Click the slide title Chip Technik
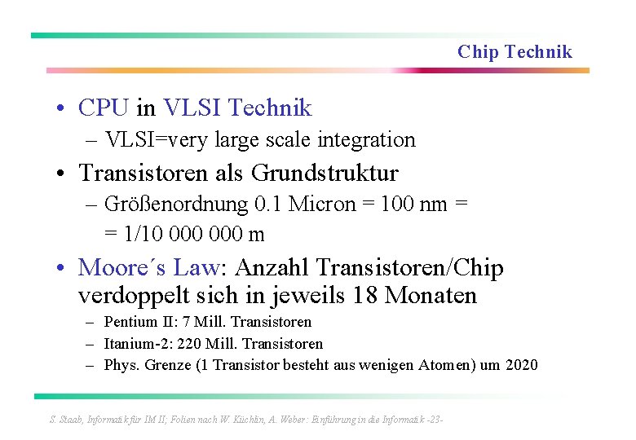coord(515,52)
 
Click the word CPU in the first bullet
coord(104,108)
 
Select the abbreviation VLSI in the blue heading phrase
coord(192,108)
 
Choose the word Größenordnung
coord(173,204)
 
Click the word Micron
coord(314,204)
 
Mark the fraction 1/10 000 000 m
coord(194,235)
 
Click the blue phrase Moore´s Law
coord(148,267)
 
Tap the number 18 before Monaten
coord(367,295)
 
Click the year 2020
coord(522,365)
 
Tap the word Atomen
coord(444,365)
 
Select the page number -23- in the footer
coord(434,420)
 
